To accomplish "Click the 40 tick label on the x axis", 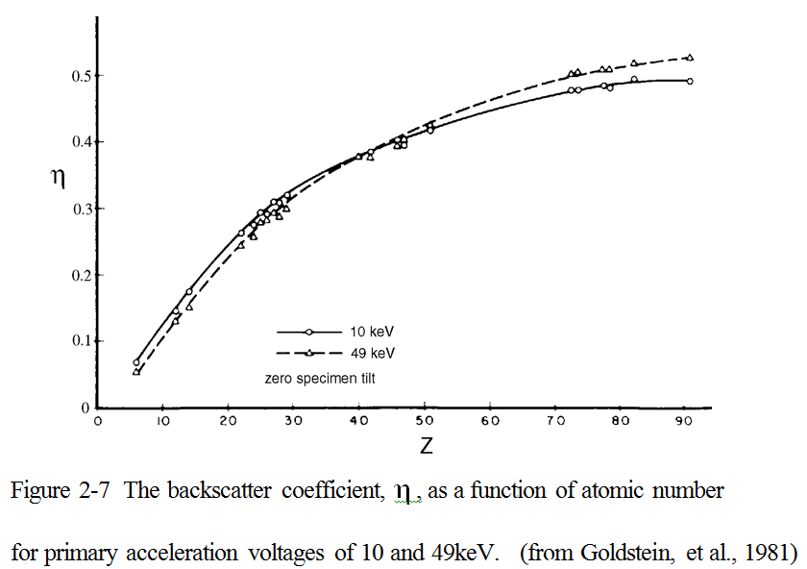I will tap(358, 420).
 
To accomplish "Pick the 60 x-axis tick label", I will tap(489, 420).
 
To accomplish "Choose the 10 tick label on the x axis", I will tap(162, 420).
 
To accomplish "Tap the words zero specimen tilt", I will tap(320, 379).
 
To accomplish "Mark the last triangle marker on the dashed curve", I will tap(690, 58).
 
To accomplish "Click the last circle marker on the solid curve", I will tap(690, 82).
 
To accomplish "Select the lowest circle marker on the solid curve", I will tap(136, 362).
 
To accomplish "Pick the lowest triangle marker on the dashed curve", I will tap(136, 371).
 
